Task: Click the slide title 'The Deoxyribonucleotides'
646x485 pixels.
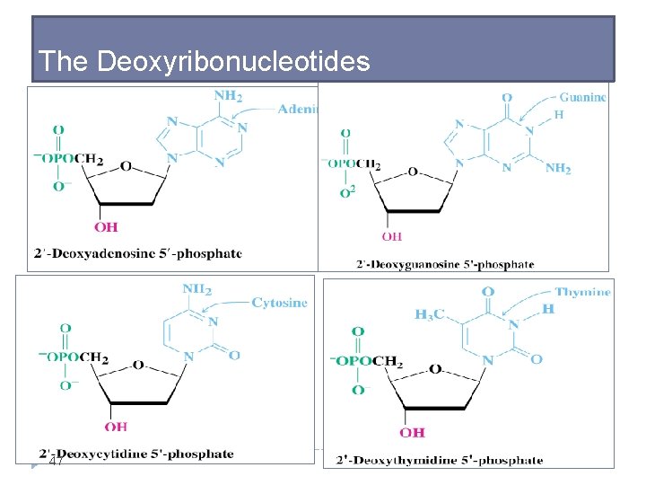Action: [x=205, y=61]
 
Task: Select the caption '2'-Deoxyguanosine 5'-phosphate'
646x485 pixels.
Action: [x=445, y=264]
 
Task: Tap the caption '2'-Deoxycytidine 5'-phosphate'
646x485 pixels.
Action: [x=136, y=454]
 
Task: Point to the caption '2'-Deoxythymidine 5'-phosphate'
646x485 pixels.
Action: [x=440, y=461]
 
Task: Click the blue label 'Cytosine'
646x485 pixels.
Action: [x=279, y=303]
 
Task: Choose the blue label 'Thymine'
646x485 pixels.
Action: [x=582, y=292]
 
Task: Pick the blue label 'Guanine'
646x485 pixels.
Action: [x=582, y=97]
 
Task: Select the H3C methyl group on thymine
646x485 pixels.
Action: [x=431, y=314]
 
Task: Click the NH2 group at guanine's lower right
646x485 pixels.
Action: [x=557, y=168]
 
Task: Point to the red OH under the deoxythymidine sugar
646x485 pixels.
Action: [x=412, y=432]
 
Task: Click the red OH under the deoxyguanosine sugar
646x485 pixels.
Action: [x=392, y=236]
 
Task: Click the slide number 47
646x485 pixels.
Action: [x=56, y=462]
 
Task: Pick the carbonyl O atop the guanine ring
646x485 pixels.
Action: [x=507, y=98]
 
